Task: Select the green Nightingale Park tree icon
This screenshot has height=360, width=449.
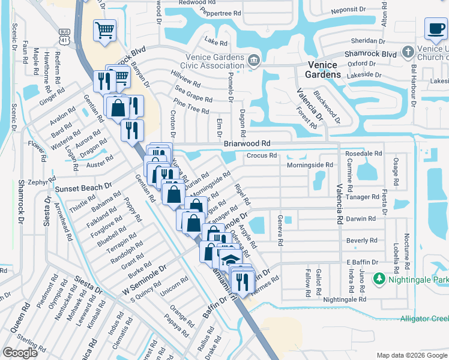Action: tap(379, 279)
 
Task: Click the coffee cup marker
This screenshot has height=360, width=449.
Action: tap(435, 28)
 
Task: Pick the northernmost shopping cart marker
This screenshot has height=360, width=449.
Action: tap(104, 30)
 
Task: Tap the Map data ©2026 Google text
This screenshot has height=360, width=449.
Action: tap(411, 355)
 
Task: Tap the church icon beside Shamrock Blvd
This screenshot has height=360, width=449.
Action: tap(408, 52)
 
